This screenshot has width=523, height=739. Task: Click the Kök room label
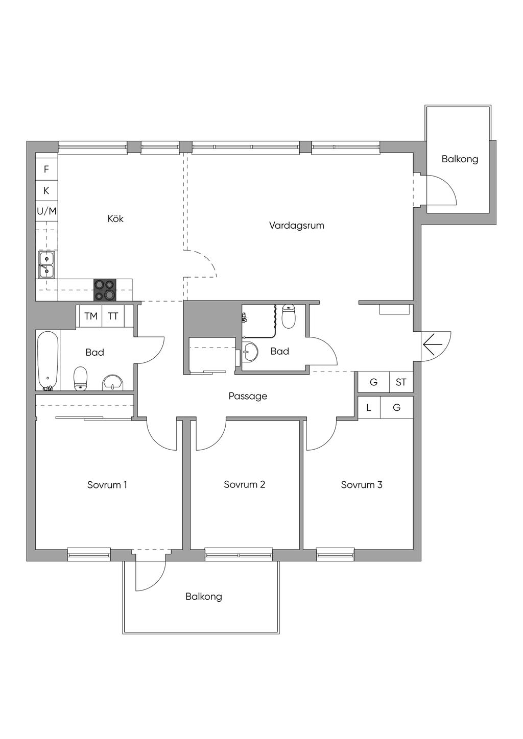[x=115, y=218]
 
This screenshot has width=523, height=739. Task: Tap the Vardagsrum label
[x=297, y=226]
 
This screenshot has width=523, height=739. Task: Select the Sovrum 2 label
[x=244, y=484]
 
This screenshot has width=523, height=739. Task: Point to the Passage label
[x=248, y=396]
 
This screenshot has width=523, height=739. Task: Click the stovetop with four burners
[x=105, y=290]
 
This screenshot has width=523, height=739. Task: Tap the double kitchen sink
[x=46, y=264]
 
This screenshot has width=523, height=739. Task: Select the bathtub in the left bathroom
[x=48, y=361]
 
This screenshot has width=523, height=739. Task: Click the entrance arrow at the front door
[x=432, y=344]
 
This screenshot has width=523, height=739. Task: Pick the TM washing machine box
[x=91, y=316]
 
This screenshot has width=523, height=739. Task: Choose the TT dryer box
[x=113, y=316]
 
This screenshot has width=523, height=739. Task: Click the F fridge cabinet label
[x=46, y=169]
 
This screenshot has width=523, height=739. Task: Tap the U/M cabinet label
[x=46, y=211]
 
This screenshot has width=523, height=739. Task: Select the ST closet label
[x=401, y=382]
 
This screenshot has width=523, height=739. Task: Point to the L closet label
[x=369, y=407]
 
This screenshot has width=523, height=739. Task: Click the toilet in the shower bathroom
[x=289, y=316]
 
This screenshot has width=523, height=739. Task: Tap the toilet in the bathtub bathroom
[x=80, y=379]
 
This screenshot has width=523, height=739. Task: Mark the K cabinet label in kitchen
[x=46, y=190]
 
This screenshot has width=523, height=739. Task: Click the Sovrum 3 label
[x=362, y=485]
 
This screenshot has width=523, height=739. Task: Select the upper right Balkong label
[x=460, y=159]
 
